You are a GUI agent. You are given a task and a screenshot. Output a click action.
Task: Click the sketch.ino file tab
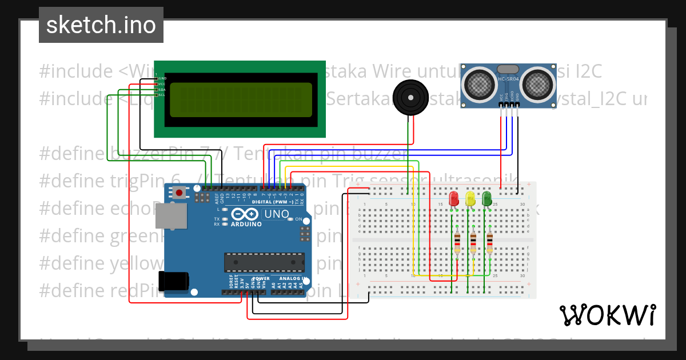(101, 25)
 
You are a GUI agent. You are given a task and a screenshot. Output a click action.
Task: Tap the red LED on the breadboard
(454, 198)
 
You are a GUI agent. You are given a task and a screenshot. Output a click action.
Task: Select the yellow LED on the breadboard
(470, 198)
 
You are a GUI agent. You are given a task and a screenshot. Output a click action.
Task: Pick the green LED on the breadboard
(487, 198)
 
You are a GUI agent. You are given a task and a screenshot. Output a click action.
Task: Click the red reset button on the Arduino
(180, 193)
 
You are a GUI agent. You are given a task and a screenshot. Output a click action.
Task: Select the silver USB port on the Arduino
(171, 219)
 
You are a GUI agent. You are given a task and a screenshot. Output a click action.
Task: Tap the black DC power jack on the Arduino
(174, 281)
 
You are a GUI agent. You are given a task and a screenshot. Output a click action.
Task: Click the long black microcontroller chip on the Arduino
(262, 261)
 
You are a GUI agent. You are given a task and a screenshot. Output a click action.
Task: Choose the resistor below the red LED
(457, 243)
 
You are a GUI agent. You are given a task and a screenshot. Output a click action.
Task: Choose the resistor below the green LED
(490, 243)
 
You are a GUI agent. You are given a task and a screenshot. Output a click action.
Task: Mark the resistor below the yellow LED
(473, 243)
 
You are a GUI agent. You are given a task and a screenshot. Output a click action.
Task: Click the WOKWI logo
(607, 315)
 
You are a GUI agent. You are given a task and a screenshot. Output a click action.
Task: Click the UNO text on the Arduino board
(276, 215)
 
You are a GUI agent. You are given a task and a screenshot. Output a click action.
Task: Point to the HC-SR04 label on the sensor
(508, 79)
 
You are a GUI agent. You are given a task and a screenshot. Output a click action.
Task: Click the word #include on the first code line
(76, 71)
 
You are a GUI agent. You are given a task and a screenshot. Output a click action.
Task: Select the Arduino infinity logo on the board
(245, 215)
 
